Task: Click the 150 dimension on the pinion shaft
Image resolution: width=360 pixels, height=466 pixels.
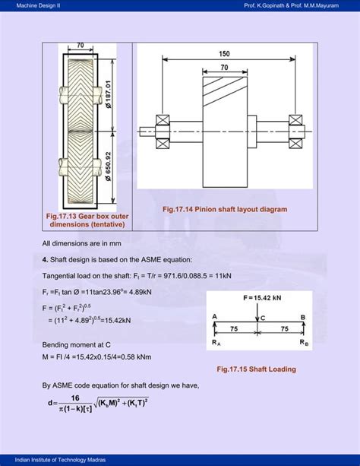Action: click(x=224, y=54)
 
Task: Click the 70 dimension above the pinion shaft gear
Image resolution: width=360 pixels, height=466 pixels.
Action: click(x=224, y=68)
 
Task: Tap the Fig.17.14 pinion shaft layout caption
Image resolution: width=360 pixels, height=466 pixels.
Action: click(x=225, y=208)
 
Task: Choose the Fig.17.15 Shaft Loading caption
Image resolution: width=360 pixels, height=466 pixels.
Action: click(x=255, y=369)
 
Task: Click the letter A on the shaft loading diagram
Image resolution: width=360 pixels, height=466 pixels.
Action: click(x=215, y=316)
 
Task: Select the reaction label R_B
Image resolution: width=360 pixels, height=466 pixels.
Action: click(x=303, y=344)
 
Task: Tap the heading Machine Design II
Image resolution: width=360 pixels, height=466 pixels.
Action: click(x=36, y=7)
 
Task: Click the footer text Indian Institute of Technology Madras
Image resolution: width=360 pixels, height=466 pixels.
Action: click(x=52, y=459)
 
